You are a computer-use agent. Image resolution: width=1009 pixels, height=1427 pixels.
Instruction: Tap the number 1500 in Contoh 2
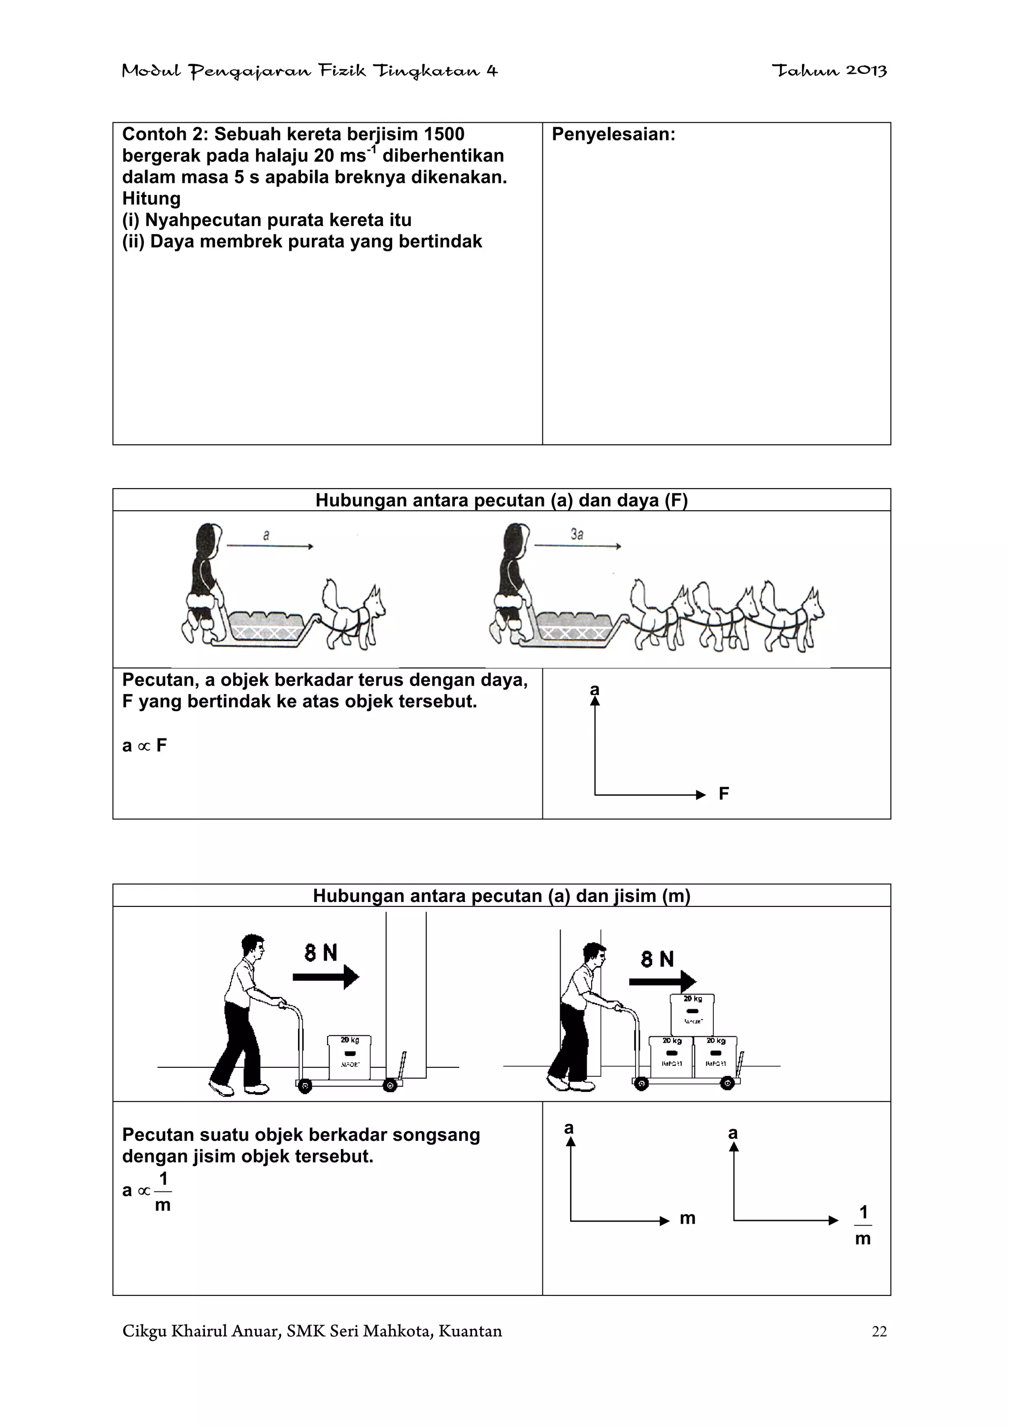[x=443, y=134]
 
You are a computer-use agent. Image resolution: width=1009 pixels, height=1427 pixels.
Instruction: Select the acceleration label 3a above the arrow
[x=577, y=534]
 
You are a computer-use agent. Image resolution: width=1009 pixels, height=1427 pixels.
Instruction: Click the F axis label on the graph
[x=724, y=794]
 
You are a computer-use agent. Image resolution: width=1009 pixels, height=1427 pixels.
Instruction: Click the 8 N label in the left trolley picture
[x=321, y=953]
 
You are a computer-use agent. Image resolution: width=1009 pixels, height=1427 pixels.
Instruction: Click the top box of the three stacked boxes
[x=691, y=1014]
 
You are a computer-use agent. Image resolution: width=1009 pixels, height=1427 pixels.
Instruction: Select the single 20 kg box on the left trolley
[x=349, y=1057]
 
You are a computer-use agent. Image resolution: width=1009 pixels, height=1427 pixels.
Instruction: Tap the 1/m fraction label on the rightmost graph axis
[x=863, y=1225]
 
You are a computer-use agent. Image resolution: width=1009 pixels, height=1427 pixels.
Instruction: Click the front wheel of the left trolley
[x=390, y=1086]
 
